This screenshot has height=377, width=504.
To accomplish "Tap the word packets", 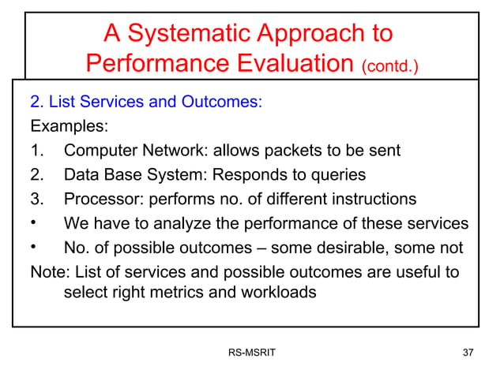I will (x=297, y=151).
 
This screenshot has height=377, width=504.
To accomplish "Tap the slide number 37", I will (x=468, y=353).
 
